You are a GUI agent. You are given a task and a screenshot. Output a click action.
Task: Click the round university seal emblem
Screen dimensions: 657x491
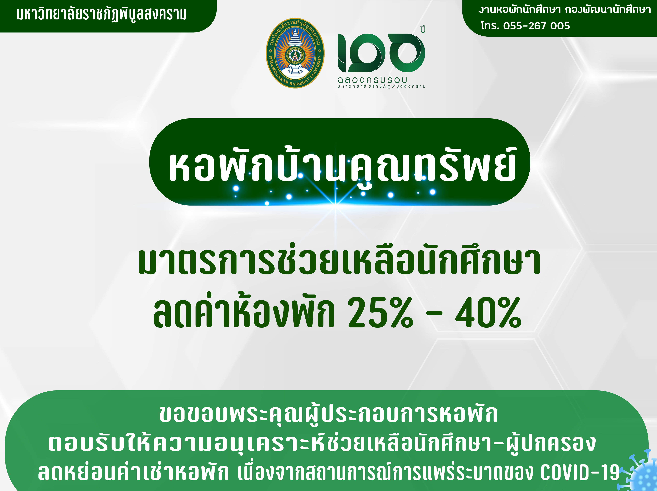[x=295, y=53]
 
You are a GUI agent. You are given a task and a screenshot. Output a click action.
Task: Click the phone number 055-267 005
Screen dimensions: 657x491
[x=536, y=26]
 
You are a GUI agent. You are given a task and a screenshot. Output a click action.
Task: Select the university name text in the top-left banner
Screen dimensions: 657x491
[x=102, y=14]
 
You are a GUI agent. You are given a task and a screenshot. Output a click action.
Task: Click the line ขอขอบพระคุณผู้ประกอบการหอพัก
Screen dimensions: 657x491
[x=328, y=414]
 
